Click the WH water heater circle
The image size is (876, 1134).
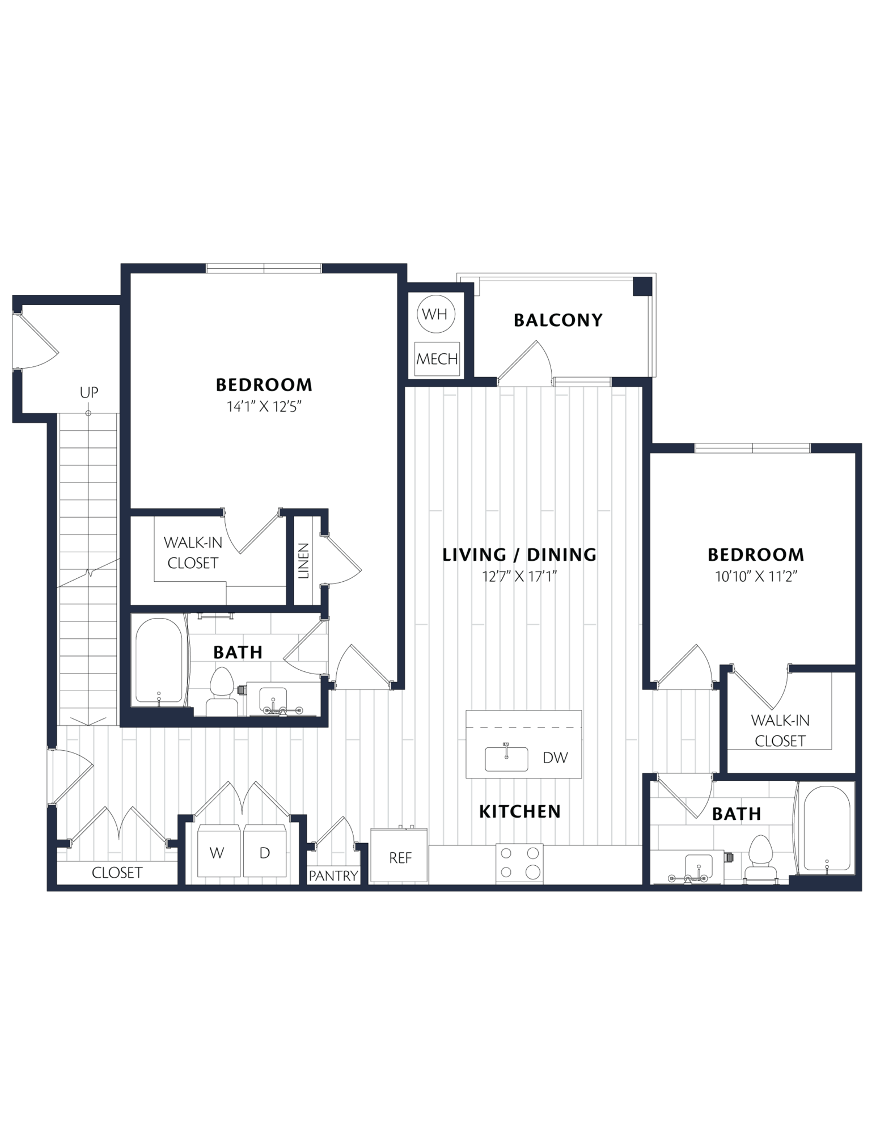coord(435,314)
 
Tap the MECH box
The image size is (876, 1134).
coord(437,359)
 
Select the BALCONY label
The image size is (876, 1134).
coord(558,320)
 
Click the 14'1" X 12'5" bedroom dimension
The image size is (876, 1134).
coord(264,407)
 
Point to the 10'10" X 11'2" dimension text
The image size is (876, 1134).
coord(756,577)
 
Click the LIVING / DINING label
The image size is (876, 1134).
coord(519,555)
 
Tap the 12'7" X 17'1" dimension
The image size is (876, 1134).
coord(519,577)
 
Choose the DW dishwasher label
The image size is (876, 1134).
coord(555,758)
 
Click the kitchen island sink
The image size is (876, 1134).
coord(506,758)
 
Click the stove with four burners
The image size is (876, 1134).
coord(519,864)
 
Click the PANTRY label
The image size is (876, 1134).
coord(333,875)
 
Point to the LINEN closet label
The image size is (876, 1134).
coord(304,561)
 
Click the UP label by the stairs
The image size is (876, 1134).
coord(89,392)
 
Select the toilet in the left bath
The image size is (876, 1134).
coord(222,692)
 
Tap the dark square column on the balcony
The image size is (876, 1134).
coord(642,286)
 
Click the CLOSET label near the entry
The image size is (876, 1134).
coord(117,872)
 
